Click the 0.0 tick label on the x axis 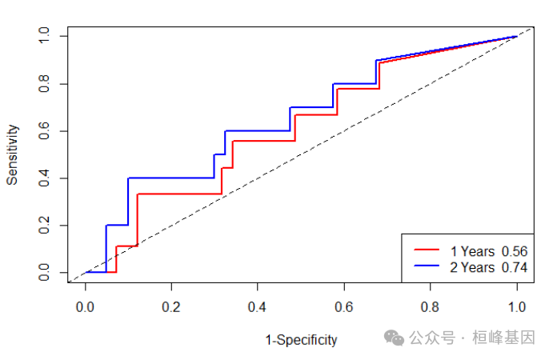click(x=84, y=306)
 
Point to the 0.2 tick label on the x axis click(x=170, y=306)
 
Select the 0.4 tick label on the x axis click(x=257, y=306)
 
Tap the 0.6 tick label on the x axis click(x=343, y=306)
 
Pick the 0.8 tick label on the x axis click(x=430, y=306)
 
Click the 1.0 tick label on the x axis click(x=516, y=306)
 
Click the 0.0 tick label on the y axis click(x=44, y=274)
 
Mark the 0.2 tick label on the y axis click(x=44, y=226)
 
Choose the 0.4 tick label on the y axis click(x=44, y=178)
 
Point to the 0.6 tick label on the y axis click(x=44, y=131)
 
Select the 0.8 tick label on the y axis click(x=44, y=84)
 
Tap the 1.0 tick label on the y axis click(x=44, y=36)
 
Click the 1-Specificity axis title click(x=301, y=340)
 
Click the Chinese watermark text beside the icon click(x=472, y=338)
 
